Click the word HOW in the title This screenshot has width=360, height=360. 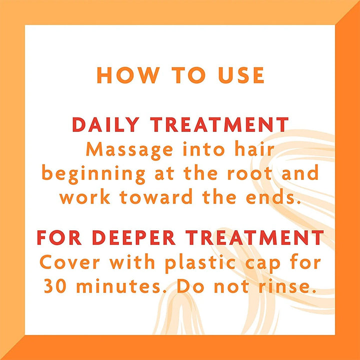point(128,75)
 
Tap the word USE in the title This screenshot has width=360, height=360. point(241,75)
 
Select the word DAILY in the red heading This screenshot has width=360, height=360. point(106,124)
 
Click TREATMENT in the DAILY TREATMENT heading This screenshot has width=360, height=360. point(219,124)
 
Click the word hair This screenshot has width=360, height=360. point(254,149)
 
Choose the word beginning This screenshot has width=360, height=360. point(93,174)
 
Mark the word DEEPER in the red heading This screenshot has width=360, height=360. point(134,237)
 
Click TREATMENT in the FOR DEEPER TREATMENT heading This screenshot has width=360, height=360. point(255,237)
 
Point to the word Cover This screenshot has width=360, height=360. point(70,262)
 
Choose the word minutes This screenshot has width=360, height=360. point(118,285)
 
